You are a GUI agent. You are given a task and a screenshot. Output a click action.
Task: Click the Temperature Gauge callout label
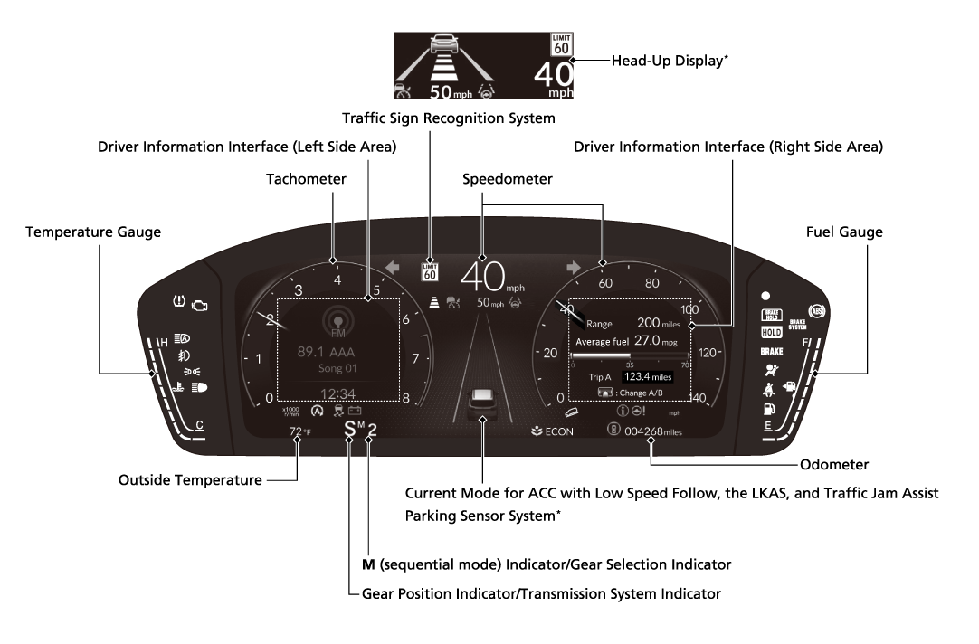93,232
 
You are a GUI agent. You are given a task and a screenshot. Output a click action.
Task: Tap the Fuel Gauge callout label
844,232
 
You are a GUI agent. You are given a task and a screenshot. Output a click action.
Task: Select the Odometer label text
834,465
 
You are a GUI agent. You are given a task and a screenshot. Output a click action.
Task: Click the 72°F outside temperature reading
300,431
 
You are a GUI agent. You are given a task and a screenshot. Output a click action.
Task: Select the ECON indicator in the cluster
553,431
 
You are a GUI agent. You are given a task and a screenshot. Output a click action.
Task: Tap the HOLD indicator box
771,332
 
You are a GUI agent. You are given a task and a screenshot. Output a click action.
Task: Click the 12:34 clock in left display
337,393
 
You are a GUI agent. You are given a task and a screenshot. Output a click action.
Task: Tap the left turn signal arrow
393,267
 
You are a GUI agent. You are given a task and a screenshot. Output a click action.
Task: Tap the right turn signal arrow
572,267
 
